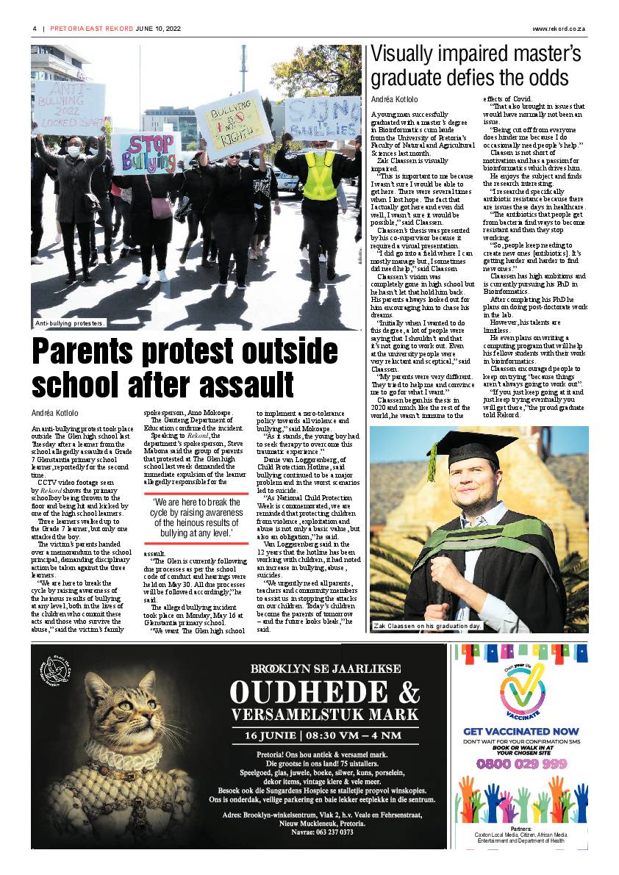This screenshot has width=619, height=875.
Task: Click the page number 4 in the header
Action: pyautogui.click(x=35, y=29)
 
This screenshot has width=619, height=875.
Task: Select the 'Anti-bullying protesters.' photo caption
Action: pyautogui.click(x=71, y=323)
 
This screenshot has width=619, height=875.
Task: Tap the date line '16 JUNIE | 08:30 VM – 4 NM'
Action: pyautogui.click(x=324, y=735)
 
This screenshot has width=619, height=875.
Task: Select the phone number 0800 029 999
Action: pyautogui.click(x=520, y=764)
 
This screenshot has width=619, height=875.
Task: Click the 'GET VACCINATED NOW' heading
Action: pyautogui.click(x=520, y=731)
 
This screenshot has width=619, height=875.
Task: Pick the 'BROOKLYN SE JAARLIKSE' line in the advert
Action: pyautogui.click(x=325, y=669)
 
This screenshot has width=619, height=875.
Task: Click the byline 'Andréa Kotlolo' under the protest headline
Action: pyautogui.click(x=55, y=414)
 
